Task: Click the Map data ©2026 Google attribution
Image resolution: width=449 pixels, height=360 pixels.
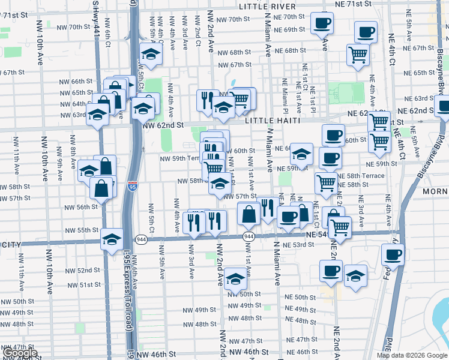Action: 412,355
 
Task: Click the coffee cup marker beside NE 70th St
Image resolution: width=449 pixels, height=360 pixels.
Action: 322,23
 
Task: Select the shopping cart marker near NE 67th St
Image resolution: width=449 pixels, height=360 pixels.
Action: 358,55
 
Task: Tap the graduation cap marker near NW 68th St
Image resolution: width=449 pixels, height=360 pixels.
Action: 151,55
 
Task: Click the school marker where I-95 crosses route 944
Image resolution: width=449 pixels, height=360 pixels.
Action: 111,239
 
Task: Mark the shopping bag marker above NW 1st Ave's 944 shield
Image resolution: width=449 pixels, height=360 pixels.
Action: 249,213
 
